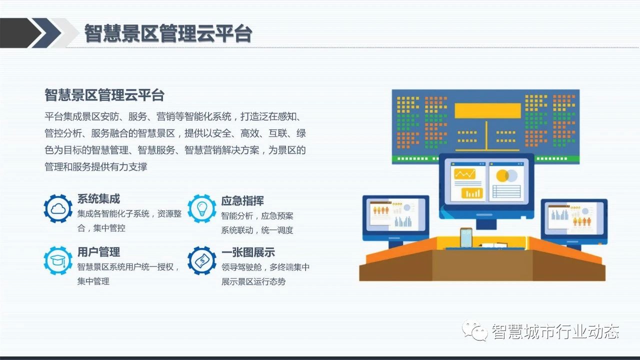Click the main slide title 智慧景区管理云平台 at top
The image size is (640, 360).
(x=168, y=33)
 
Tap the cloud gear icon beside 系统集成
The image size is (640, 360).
(x=58, y=208)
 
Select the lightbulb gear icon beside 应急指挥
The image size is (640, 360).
(x=201, y=208)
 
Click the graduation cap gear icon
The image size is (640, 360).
(x=58, y=260)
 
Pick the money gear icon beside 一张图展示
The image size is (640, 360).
(x=201, y=260)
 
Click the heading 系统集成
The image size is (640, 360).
(x=98, y=199)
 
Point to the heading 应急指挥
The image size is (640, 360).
(x=242, y=201)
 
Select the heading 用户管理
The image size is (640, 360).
(x=98, y=252)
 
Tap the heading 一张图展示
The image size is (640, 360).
(x=248, y=252)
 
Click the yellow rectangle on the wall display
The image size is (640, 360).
(x=487, y=110)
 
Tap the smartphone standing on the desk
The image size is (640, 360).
(x=466, y=237)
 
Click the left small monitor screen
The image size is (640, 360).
(x=395, y=214)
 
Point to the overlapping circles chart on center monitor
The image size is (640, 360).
(x=506, y=175)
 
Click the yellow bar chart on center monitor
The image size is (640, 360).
(x=472, y=193)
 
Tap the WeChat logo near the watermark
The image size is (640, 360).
(x=475, y=331)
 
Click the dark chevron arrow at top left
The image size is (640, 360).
(x=20, y=33)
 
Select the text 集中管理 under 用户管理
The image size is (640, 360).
(x=93, y=281)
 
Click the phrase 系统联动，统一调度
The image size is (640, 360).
(x=257, y=230)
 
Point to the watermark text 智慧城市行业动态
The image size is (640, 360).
(x=555, y=331)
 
